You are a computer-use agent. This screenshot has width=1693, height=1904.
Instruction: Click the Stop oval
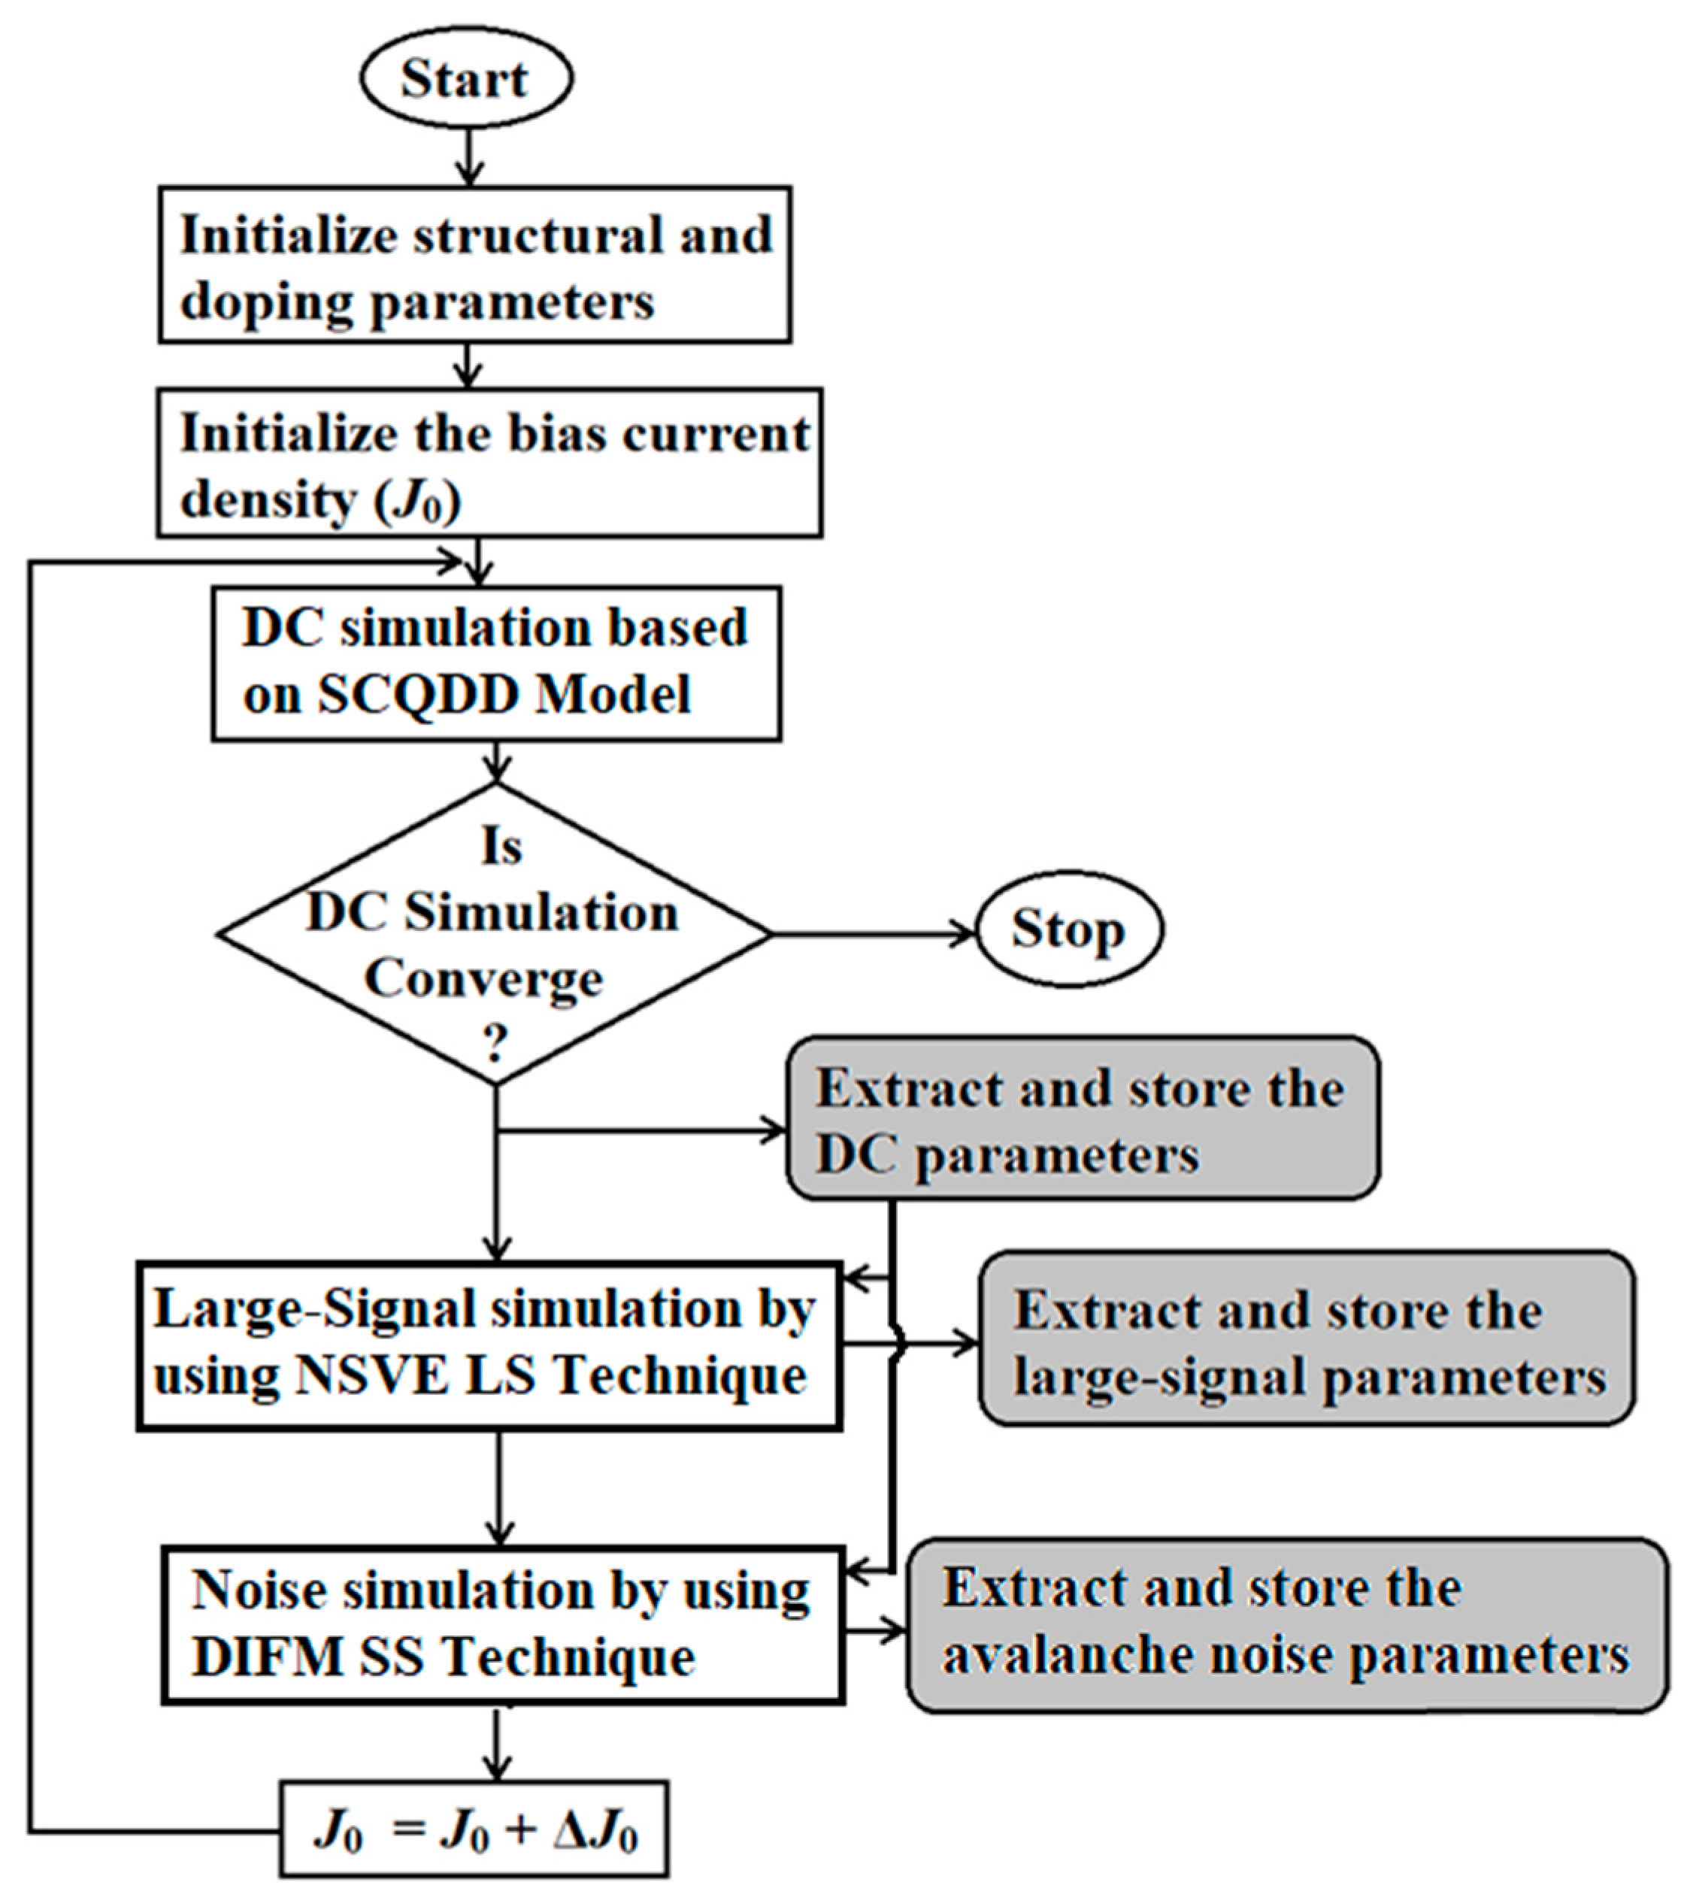1068,929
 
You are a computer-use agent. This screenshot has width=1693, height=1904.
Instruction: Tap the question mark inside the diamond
495,1045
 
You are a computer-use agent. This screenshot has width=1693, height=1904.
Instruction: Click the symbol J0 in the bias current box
416,501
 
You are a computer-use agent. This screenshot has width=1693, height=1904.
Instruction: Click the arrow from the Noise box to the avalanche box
875,1631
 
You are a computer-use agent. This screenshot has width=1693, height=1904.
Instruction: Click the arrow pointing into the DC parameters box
643,1132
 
